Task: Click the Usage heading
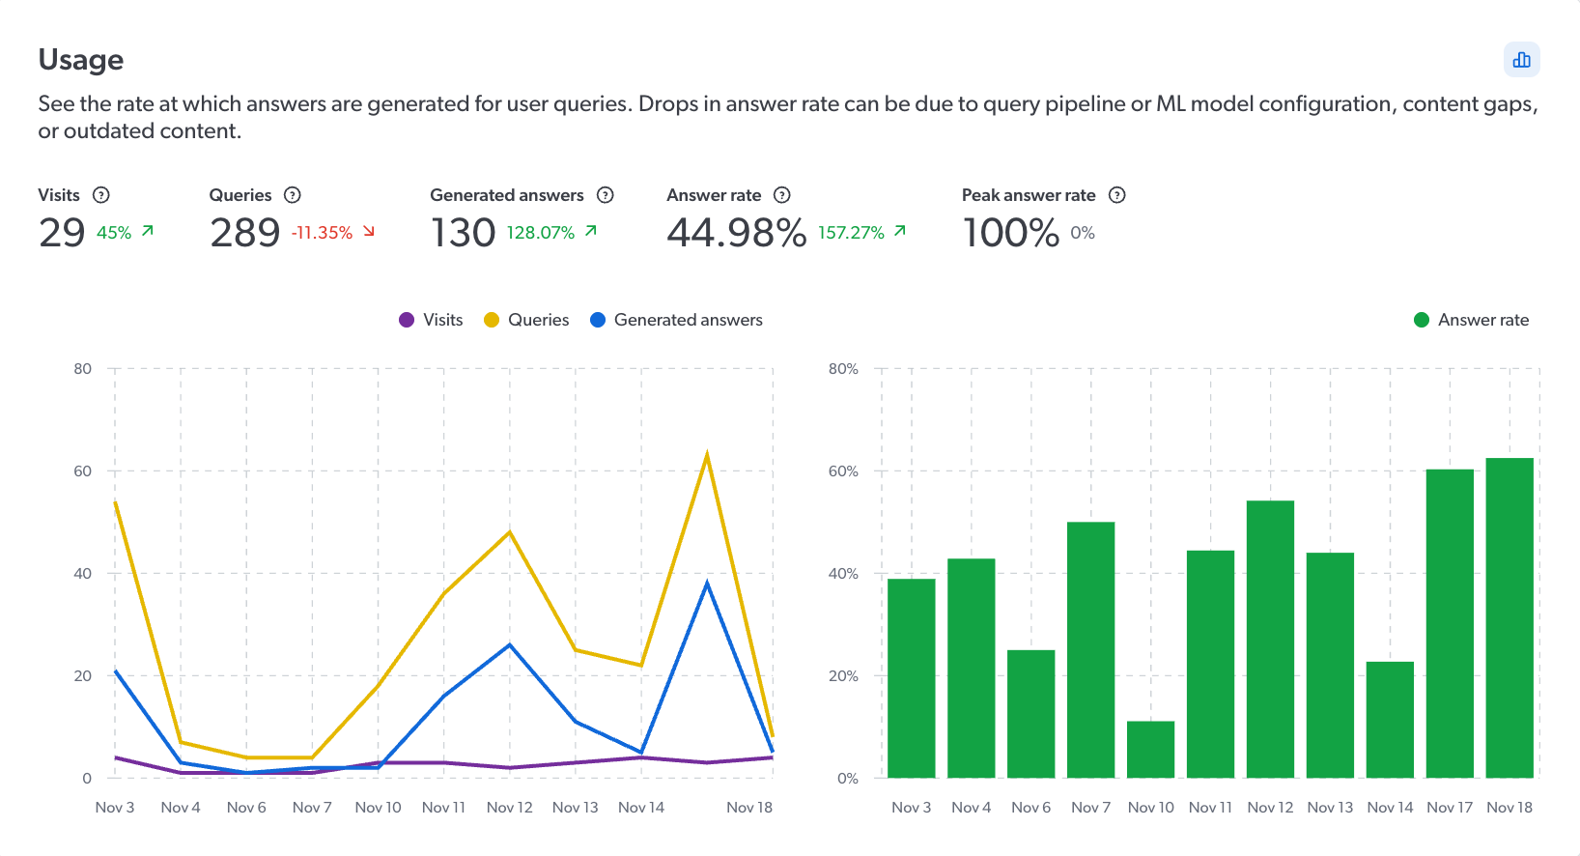click(x=81, y=60)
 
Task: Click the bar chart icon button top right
click(x=1521, y=60)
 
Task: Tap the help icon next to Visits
click(x=101, y=195)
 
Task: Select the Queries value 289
click(x=245, y=233)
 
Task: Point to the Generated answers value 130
click(x=463, y=233)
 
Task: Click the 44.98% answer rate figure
click(x=736, y=233)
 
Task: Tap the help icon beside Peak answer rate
click(x=1117, y=195)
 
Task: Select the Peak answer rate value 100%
click(x=1010, y=233)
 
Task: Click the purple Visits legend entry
click(x=432, y=320)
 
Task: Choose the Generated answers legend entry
click(x=676, y=320)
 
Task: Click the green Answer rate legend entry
click(x=1471, y=320)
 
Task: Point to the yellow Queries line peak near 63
click(x=707, y=455)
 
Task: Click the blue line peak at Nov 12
click(x=510, y=645)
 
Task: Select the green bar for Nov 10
click(x=1150, y=749)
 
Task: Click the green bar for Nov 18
click(x=1509, y=618)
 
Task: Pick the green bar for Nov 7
click(x=1090, y=649)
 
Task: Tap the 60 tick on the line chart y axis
click(x=83, y=471)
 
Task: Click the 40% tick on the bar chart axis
click(x=843, y=574)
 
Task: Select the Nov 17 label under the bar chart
click(x=1450, y=808)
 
